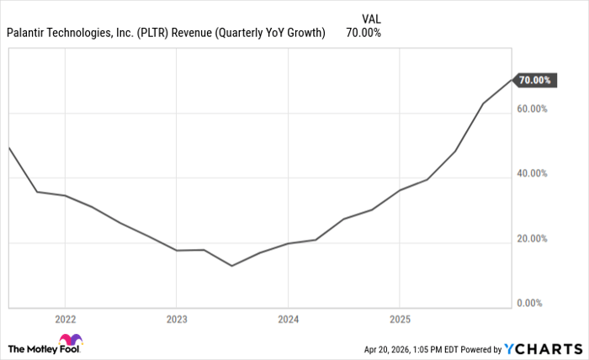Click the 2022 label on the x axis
click(65, 320)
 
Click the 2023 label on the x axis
click(176, 320)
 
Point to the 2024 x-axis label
click(288, 320)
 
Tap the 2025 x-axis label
click(399, 320)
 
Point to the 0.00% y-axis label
click(533, 303)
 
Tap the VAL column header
click(363, 16)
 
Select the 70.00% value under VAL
click(363, 33)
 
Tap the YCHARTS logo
click(543, 348)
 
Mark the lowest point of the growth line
click(231, 266)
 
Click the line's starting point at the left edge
click(8, 147)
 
